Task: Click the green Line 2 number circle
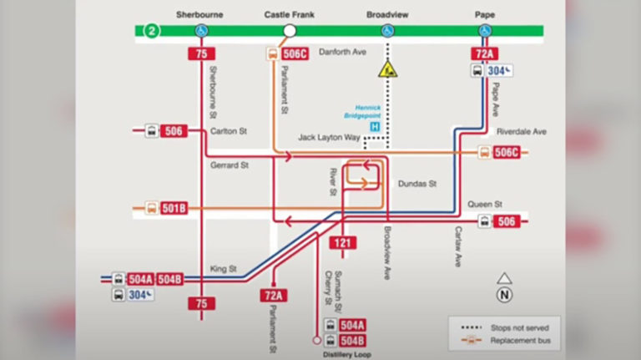coord(152,31)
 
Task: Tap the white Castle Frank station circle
coord(290,31)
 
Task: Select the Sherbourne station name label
coord(199,15)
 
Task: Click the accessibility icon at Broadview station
coord(387,31)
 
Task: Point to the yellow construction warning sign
coord(387,69)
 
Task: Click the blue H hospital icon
coord(375,127)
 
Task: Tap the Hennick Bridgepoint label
coord(362,112)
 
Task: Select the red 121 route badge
coord(342,243)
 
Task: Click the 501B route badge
coord(174,208)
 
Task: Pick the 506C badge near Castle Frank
coord(295,53)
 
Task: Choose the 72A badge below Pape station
coord(484,53)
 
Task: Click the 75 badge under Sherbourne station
coord(201,53)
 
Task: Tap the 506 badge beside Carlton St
coord(174,131)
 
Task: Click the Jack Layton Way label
coord(329,138)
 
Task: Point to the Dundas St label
coord(417,184)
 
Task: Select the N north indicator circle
coord(504,295)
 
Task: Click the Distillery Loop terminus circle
coord(316,340)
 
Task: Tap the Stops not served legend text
coord(520,327)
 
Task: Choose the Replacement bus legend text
coord(521,340)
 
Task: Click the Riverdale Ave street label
coord(521,132)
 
